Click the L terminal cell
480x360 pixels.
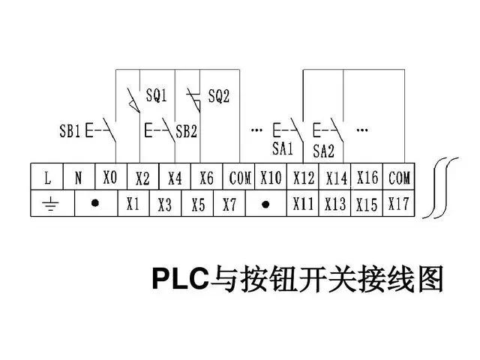pyautogui.click(x=47, y=178)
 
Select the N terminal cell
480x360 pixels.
pyautogui.click(x=79, y=178)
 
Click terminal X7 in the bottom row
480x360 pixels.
pyautogui.click(x=229, y=204)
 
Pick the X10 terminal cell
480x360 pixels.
pyautogui.click(x=271, y=178)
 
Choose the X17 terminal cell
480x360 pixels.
pyautogui.click(x=399, y=204)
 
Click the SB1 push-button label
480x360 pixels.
pyautogui.click(x=70, y=133)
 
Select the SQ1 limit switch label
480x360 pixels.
pyautogui.click(x=155, y=97)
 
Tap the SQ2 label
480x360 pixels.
pyautogui.click(x=218, y=97)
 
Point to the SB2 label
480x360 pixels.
pyautogui.click(x=186, y=133)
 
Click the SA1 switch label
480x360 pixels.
pyautogui.click(x=283, y=148)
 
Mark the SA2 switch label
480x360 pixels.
pyautogui.click(x=323, y=150)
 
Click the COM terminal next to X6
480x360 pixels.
pyautogui.click(x=240, y=178)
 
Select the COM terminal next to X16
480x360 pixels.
pyautogui.click(x=399, y=178)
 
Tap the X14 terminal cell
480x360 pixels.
pyautogui.click(x=336, y=178)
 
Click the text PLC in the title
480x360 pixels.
pyautogui.click(x=179, y=278)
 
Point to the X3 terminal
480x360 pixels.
pyautogui.click(x=165, y=204)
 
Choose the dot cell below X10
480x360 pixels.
pyautogui.click(x=265, y=204)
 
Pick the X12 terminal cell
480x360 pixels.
pyautogui.click(x=304, y=178)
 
